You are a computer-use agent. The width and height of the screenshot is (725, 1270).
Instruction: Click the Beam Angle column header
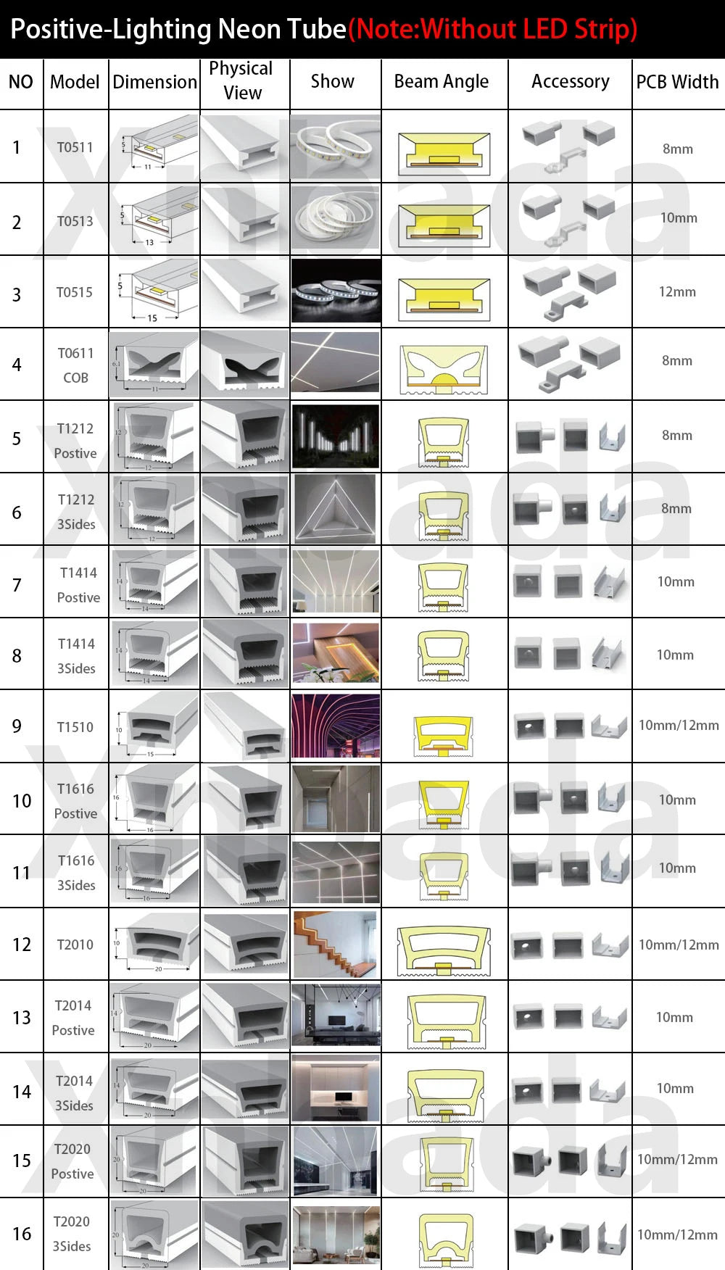[x=442, y=82]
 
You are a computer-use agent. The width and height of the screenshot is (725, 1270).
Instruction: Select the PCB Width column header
[x=677, y=82]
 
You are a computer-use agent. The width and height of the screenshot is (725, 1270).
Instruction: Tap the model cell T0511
[x=75, y=147]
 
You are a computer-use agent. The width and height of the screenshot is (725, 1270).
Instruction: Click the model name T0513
[x=75, y=221]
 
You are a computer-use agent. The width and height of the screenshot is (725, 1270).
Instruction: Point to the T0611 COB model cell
[x=75, y=365]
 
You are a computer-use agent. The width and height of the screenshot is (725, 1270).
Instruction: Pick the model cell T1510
[x=75, y=727]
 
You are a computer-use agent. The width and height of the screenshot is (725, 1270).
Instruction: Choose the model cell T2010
[x=75, y=945]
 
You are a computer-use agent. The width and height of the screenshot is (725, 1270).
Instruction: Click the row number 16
[x=22, y=1234]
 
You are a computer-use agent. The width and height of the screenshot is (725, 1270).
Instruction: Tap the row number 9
[x=17, y=726]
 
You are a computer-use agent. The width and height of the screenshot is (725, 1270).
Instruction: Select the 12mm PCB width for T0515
[x=677, y=291]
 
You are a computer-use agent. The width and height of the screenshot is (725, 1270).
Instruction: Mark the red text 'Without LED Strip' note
[x=493, y=29]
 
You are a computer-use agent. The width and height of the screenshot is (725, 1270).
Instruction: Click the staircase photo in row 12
[x=335, y=944]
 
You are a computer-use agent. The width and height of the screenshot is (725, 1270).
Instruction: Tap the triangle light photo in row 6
[x=335, y=509]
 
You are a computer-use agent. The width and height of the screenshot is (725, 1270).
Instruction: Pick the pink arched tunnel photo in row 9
[x=335, y=726]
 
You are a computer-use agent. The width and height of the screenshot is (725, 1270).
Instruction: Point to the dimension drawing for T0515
[x=154, y=291]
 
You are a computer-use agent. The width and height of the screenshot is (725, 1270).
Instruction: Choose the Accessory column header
[x=570, y=82]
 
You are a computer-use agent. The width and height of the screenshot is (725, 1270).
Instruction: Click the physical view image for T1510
[x=245, y=726]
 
